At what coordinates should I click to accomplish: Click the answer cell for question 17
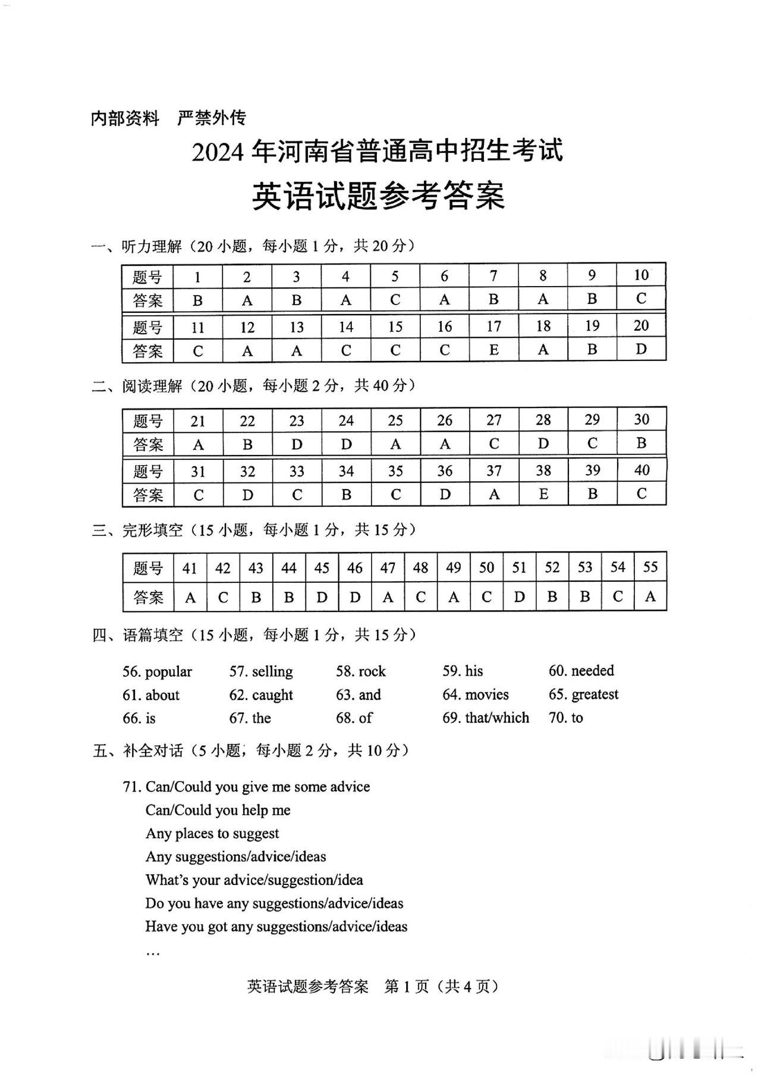tap(493, 350)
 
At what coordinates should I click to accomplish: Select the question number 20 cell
tap(641, 325)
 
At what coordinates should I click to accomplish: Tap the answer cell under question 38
tap(543, 494)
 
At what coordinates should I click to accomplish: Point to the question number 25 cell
tap(395, 420)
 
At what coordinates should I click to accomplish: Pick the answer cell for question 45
tap(322, 597)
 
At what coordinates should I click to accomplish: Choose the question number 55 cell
tap(650, 567)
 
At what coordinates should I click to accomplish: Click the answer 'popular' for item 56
tap(168, 672)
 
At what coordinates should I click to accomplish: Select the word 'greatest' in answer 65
tap(595, 695)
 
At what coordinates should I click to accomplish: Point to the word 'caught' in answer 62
tap(272, 695)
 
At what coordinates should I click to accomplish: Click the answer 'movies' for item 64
tap(487, 695)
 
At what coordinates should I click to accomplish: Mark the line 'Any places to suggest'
tap(212, 833)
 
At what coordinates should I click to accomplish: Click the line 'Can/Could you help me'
tap(218, 810)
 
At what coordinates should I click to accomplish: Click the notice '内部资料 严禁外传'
tap(168, 118)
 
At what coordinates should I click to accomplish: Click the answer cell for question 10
tap(641, 299)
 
